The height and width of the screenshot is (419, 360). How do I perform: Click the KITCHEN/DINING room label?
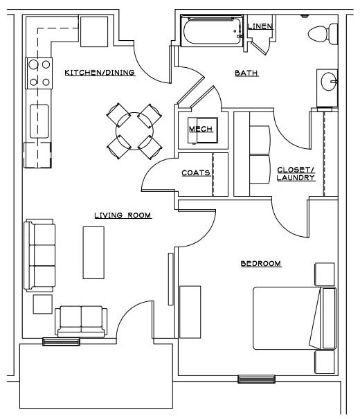pyautogui.click(x=99, y=73)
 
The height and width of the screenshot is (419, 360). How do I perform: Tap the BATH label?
pyautogui.click(x=246, y=73)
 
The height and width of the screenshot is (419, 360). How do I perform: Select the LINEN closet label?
pyautogui.click(x=260, y=27)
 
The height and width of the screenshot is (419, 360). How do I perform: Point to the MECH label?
pyautogui.click(x=200, y=129)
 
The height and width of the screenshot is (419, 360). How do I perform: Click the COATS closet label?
pyautogui.click(x=195, y=173)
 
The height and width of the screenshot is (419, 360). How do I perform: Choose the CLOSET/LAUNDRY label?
pyautogui.click(x=296, y=174)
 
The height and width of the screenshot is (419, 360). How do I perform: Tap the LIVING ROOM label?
pyautogui.click(x=123, y=215)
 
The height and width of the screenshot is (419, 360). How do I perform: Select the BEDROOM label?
pyautogui.click(x=260, y=263)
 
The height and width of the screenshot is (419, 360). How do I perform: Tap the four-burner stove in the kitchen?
pyautogui.click(x=39, y=73)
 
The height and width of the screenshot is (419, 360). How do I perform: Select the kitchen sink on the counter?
pyautogui.click(x=39, y=119)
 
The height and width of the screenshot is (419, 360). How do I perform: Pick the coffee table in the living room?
pyautogui.click(x=93, y=252)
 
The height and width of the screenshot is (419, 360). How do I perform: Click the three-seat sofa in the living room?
pyautogui.click(x=39, y=254)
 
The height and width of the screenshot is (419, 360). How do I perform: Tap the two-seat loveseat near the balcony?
pyautogui.click(x=82, y=321)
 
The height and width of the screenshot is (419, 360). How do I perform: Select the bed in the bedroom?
pyautogui.click(x=294, y=318)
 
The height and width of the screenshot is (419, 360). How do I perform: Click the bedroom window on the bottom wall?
pyautogui.click(x=256, y=379)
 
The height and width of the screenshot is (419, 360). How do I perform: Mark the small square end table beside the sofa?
pyautogui.click(x=42, y=304)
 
